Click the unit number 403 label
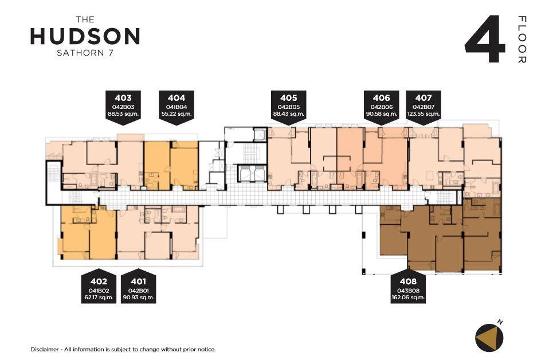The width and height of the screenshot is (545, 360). pyautogui.click(x=123, y=98)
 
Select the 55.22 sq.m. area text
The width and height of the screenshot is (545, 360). pyautogui.click(x=177, y=114)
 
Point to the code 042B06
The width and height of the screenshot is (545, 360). pyautogui.click(x=381, y=107)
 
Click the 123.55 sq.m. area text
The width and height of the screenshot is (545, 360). pyautogui.click(x=424, y=114)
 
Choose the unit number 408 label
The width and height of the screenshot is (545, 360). pyautogui.click(x=408, y=281)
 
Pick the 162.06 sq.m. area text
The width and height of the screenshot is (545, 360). pyautogui.click(x=408, y=298)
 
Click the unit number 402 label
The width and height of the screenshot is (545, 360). pyautogui.click(x=99, y=281)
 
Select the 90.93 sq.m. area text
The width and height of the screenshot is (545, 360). pyautogui.click(x=138, y=298)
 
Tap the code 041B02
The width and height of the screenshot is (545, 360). pyautogui.click(x=99, y=291)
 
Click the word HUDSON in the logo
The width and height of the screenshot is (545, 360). pyautogui.click(x=85, y=36)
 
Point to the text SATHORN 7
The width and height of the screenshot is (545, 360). pyautogui.click(x=85, y=53)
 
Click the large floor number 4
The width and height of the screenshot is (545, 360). pyautogui.click(x=485, y=39)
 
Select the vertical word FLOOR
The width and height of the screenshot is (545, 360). pyautogui.click(x=522, y=40)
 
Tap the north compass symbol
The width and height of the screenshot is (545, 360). pyautogui.click(x=489, y=338)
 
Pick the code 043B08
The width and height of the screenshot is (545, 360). pyautogui.click(x=408, y=291)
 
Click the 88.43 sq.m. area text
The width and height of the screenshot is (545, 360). pyautogui.click(x=288, y=114)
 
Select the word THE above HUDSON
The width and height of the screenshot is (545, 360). pyautogui.click(x=85, y=20)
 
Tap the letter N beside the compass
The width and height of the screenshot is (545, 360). pyautogui.click(x=500, y=322)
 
